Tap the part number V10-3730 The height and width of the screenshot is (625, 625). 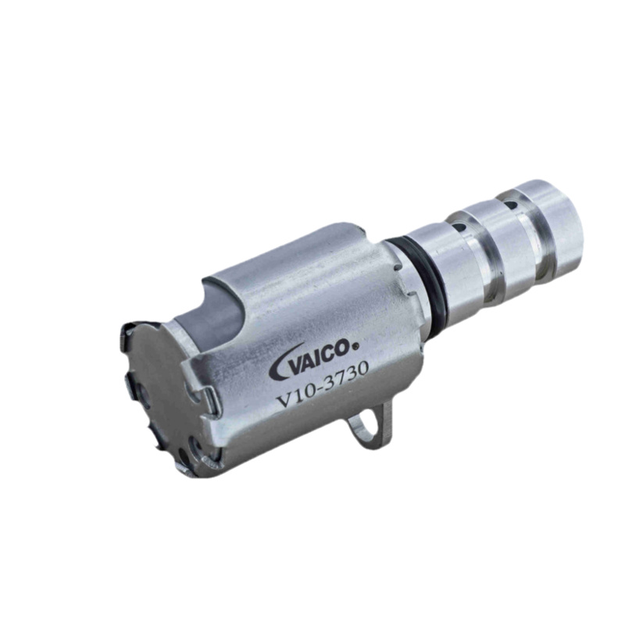(322, 385)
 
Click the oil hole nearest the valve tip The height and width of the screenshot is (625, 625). (510, 205)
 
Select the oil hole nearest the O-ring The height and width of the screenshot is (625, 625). (459, 228)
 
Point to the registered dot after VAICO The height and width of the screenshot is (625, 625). (356, 347)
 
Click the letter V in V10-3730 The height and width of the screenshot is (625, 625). (284, 399)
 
